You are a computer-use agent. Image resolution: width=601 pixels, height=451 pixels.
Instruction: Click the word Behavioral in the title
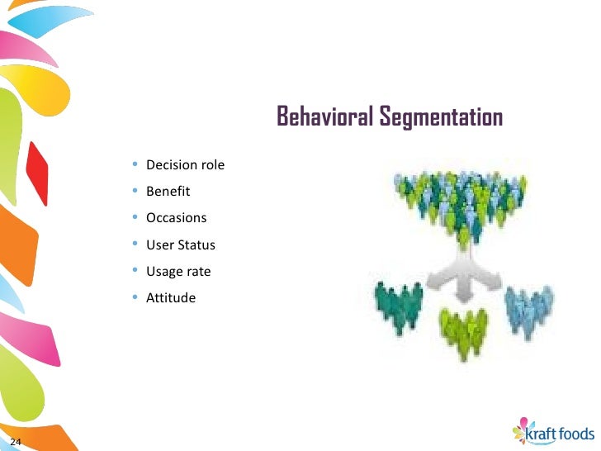325,117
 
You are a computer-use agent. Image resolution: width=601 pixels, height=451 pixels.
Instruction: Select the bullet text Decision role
185,165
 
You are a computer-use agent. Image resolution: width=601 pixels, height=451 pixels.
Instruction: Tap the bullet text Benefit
168,192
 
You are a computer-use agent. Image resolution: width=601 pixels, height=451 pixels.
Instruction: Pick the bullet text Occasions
176,218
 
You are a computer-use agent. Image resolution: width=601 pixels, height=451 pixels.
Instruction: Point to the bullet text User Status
180,245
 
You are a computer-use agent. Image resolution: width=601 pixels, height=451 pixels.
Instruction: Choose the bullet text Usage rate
178,271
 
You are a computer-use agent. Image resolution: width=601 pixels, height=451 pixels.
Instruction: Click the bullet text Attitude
171,297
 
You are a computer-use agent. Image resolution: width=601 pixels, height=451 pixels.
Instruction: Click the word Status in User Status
196,245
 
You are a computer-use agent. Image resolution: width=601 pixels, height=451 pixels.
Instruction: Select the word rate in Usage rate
198,271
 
